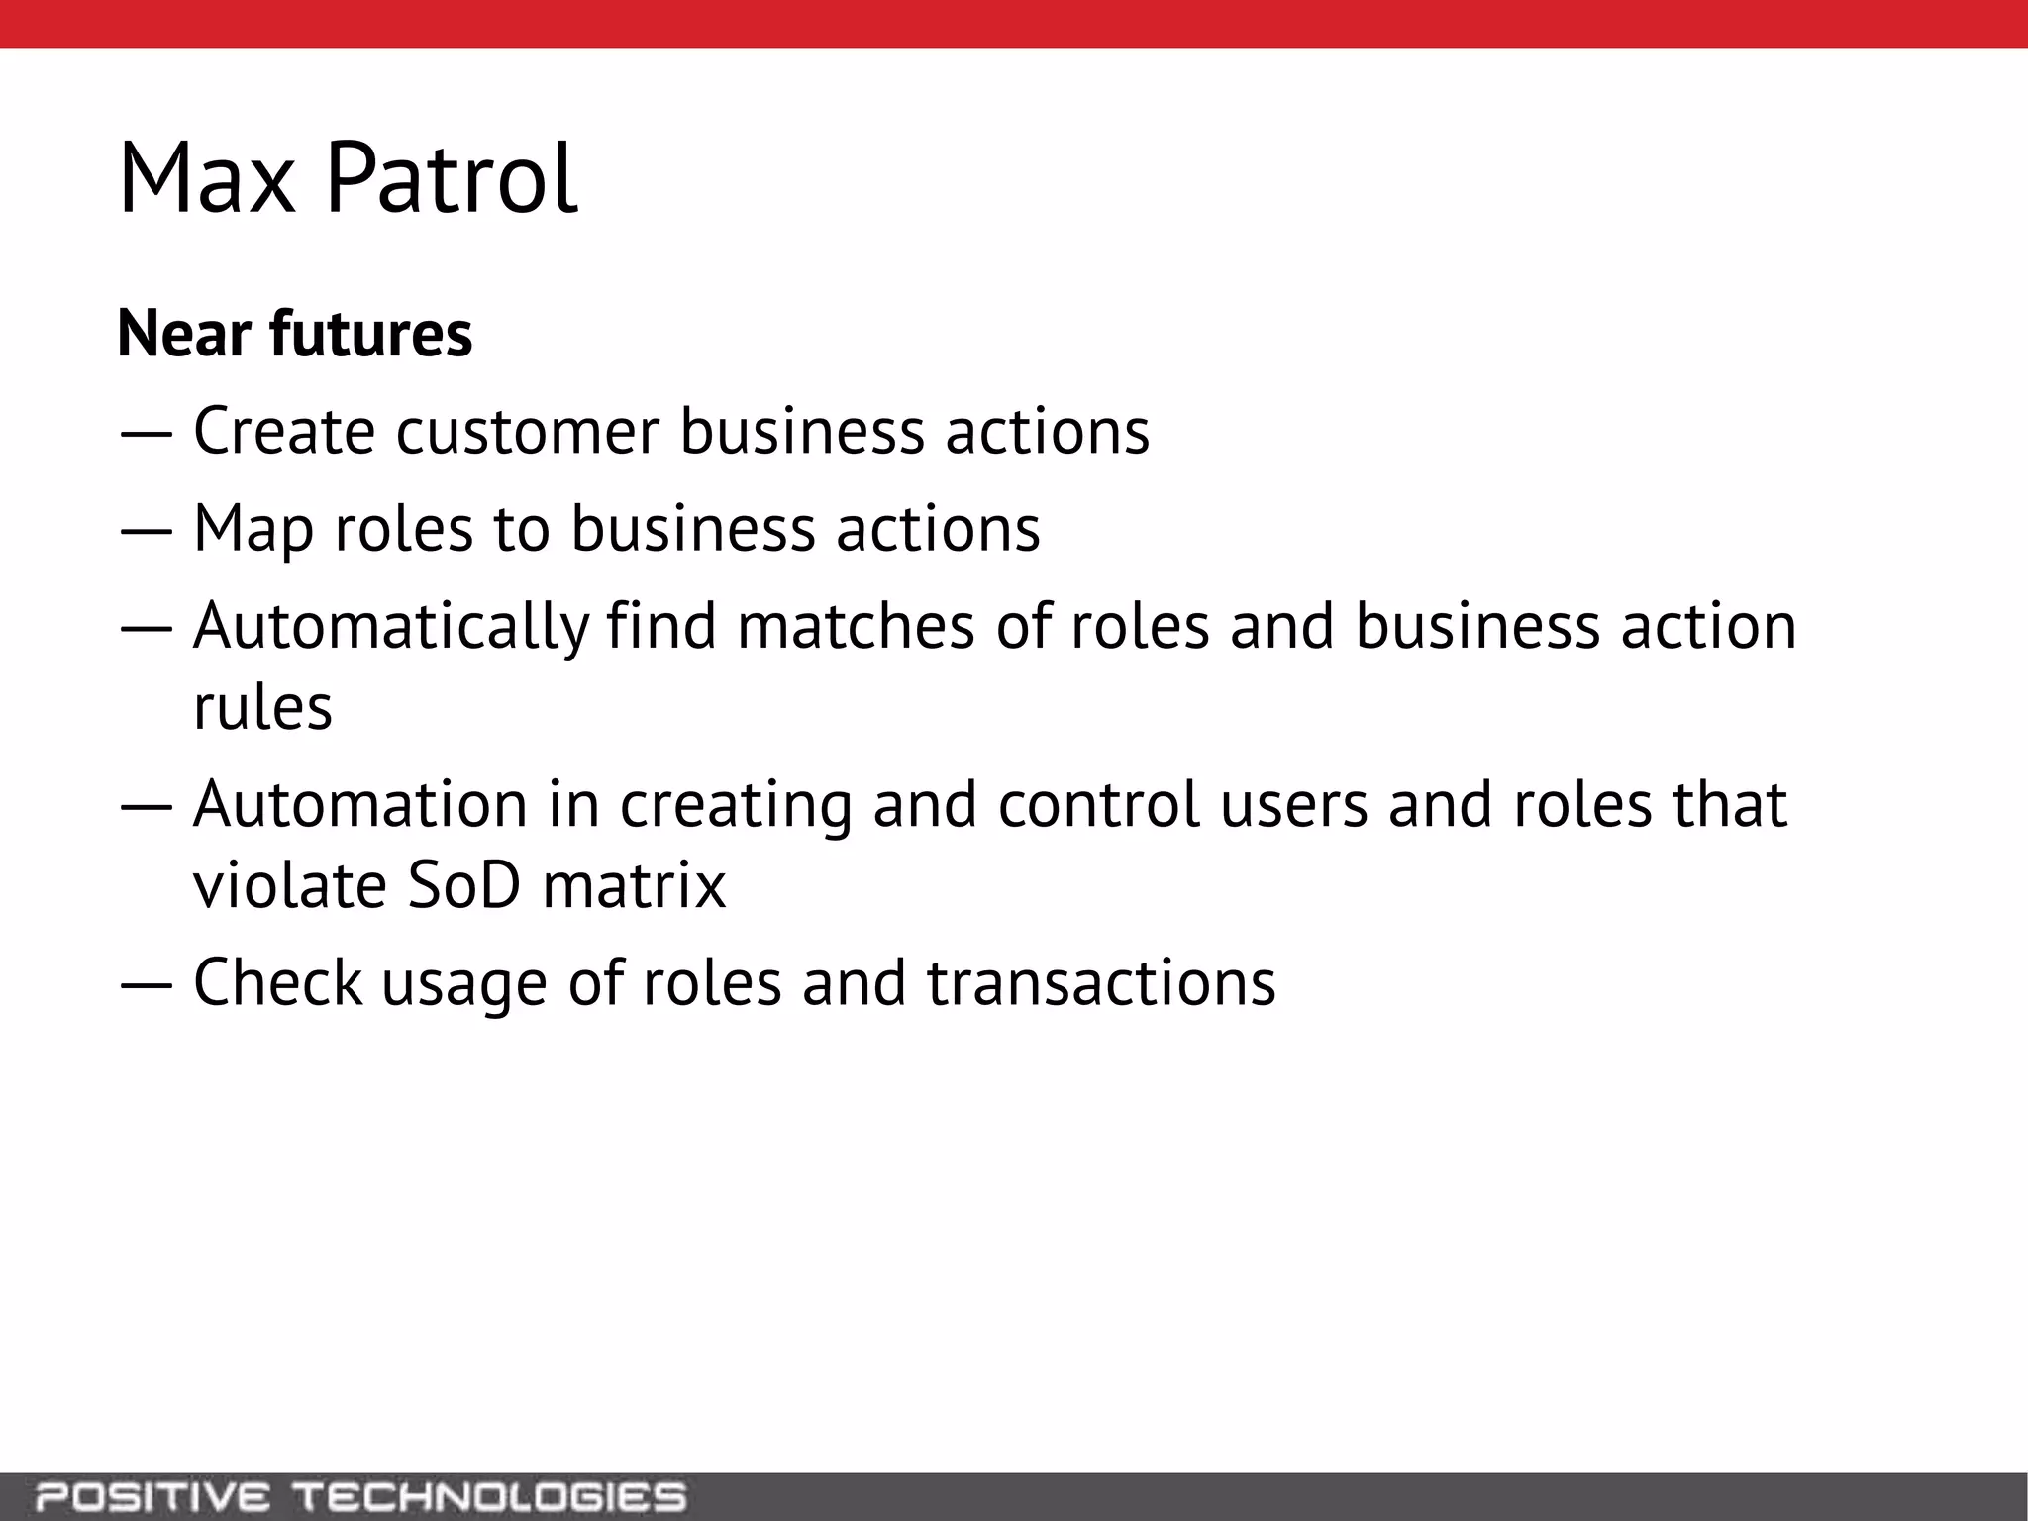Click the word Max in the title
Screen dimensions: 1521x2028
click(x=207, y=179)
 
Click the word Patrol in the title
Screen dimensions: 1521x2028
click(x=451, y=179)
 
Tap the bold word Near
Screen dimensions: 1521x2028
click(x=183, y=334)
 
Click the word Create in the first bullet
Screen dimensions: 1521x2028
click(x=284, y=432)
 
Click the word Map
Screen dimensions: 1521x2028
click(x=253, y=530)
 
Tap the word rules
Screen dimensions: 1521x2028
click(x=262, y=707)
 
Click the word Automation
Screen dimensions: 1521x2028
click(x=360, y=804)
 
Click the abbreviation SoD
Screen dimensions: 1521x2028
click(x=463, y=884)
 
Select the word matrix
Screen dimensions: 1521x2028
click(x=634, y=884)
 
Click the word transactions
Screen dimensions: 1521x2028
click(x=1101, y=982)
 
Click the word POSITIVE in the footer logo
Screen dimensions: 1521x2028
click(x=152, y=1497)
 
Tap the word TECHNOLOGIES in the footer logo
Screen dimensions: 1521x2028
click(x=491, y=1497)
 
